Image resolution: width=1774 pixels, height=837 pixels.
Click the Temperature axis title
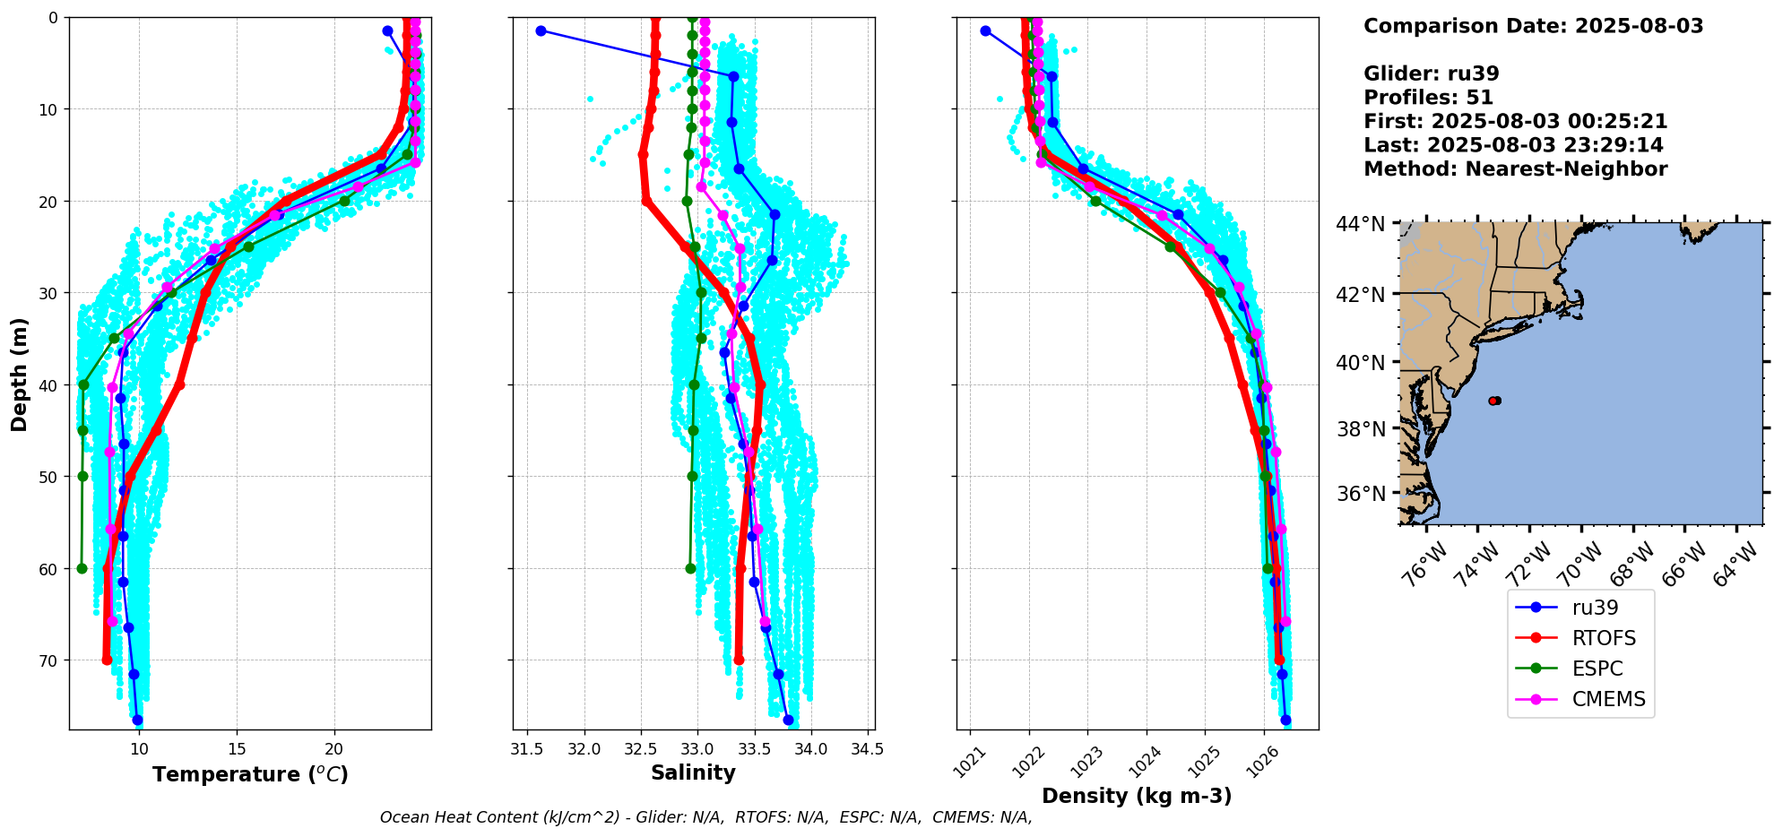[x=250, y=774]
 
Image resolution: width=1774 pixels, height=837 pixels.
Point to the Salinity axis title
[x=693, y=772]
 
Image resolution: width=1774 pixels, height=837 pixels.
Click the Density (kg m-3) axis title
[x=1137, y=796]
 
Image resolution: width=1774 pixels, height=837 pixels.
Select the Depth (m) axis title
[x=20, y=374]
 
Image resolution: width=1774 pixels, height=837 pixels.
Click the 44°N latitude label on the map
[x=1360, y=223]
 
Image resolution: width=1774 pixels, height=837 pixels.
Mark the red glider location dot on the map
[x=1493, y=401]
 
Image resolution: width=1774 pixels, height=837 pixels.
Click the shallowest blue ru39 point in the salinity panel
[x=541, y=30]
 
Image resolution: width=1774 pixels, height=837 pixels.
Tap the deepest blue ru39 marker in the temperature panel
[x=137, y=720]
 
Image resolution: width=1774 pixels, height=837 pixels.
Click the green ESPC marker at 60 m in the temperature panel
[x=82, y=568]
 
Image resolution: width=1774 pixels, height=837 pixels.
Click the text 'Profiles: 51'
[x=1428, y=98]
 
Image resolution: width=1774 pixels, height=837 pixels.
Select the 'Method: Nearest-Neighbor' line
[x=1515, y=169]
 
